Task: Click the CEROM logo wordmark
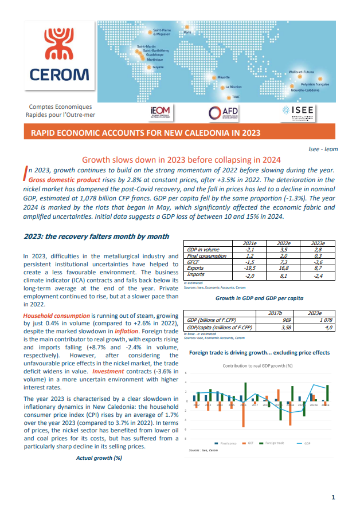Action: [x=51, y=75]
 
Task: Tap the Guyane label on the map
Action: [x=158, y=67]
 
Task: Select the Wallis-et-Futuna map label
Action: [x=302, y=72]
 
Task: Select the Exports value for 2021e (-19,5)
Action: [x=250, y=267]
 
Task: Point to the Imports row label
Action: [x=197, y=275]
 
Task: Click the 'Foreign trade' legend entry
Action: [x=275, y=443]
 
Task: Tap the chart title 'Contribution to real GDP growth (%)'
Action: [x=257, y=365]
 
